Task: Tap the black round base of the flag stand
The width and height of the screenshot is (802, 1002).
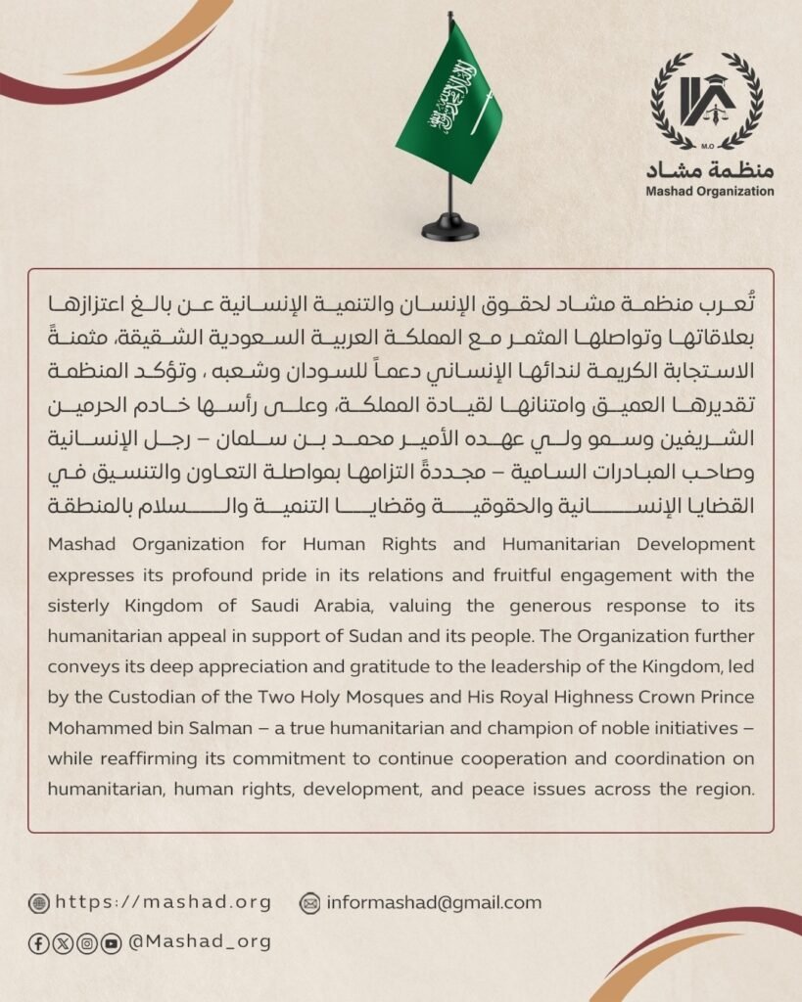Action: [x=450, y=231]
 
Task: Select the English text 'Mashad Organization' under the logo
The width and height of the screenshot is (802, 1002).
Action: [x=709, y=191]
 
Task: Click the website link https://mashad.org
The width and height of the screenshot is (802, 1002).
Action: [x=164, y=902]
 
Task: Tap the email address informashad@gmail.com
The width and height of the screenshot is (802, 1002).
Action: [x=434, y=902]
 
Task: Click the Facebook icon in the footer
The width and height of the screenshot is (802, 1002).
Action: [x=39, y=943]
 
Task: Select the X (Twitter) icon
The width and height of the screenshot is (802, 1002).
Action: [x=63, y=943]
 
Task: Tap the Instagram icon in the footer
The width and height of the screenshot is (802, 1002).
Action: [x=87, y=943]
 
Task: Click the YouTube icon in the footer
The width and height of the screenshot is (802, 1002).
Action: [x=112, y=943]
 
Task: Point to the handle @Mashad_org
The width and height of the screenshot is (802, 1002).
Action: [x=200, y=942]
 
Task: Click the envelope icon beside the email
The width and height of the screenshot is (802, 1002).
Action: [x=310, y=903]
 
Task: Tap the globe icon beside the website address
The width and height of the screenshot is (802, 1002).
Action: [x=39, y=903]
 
